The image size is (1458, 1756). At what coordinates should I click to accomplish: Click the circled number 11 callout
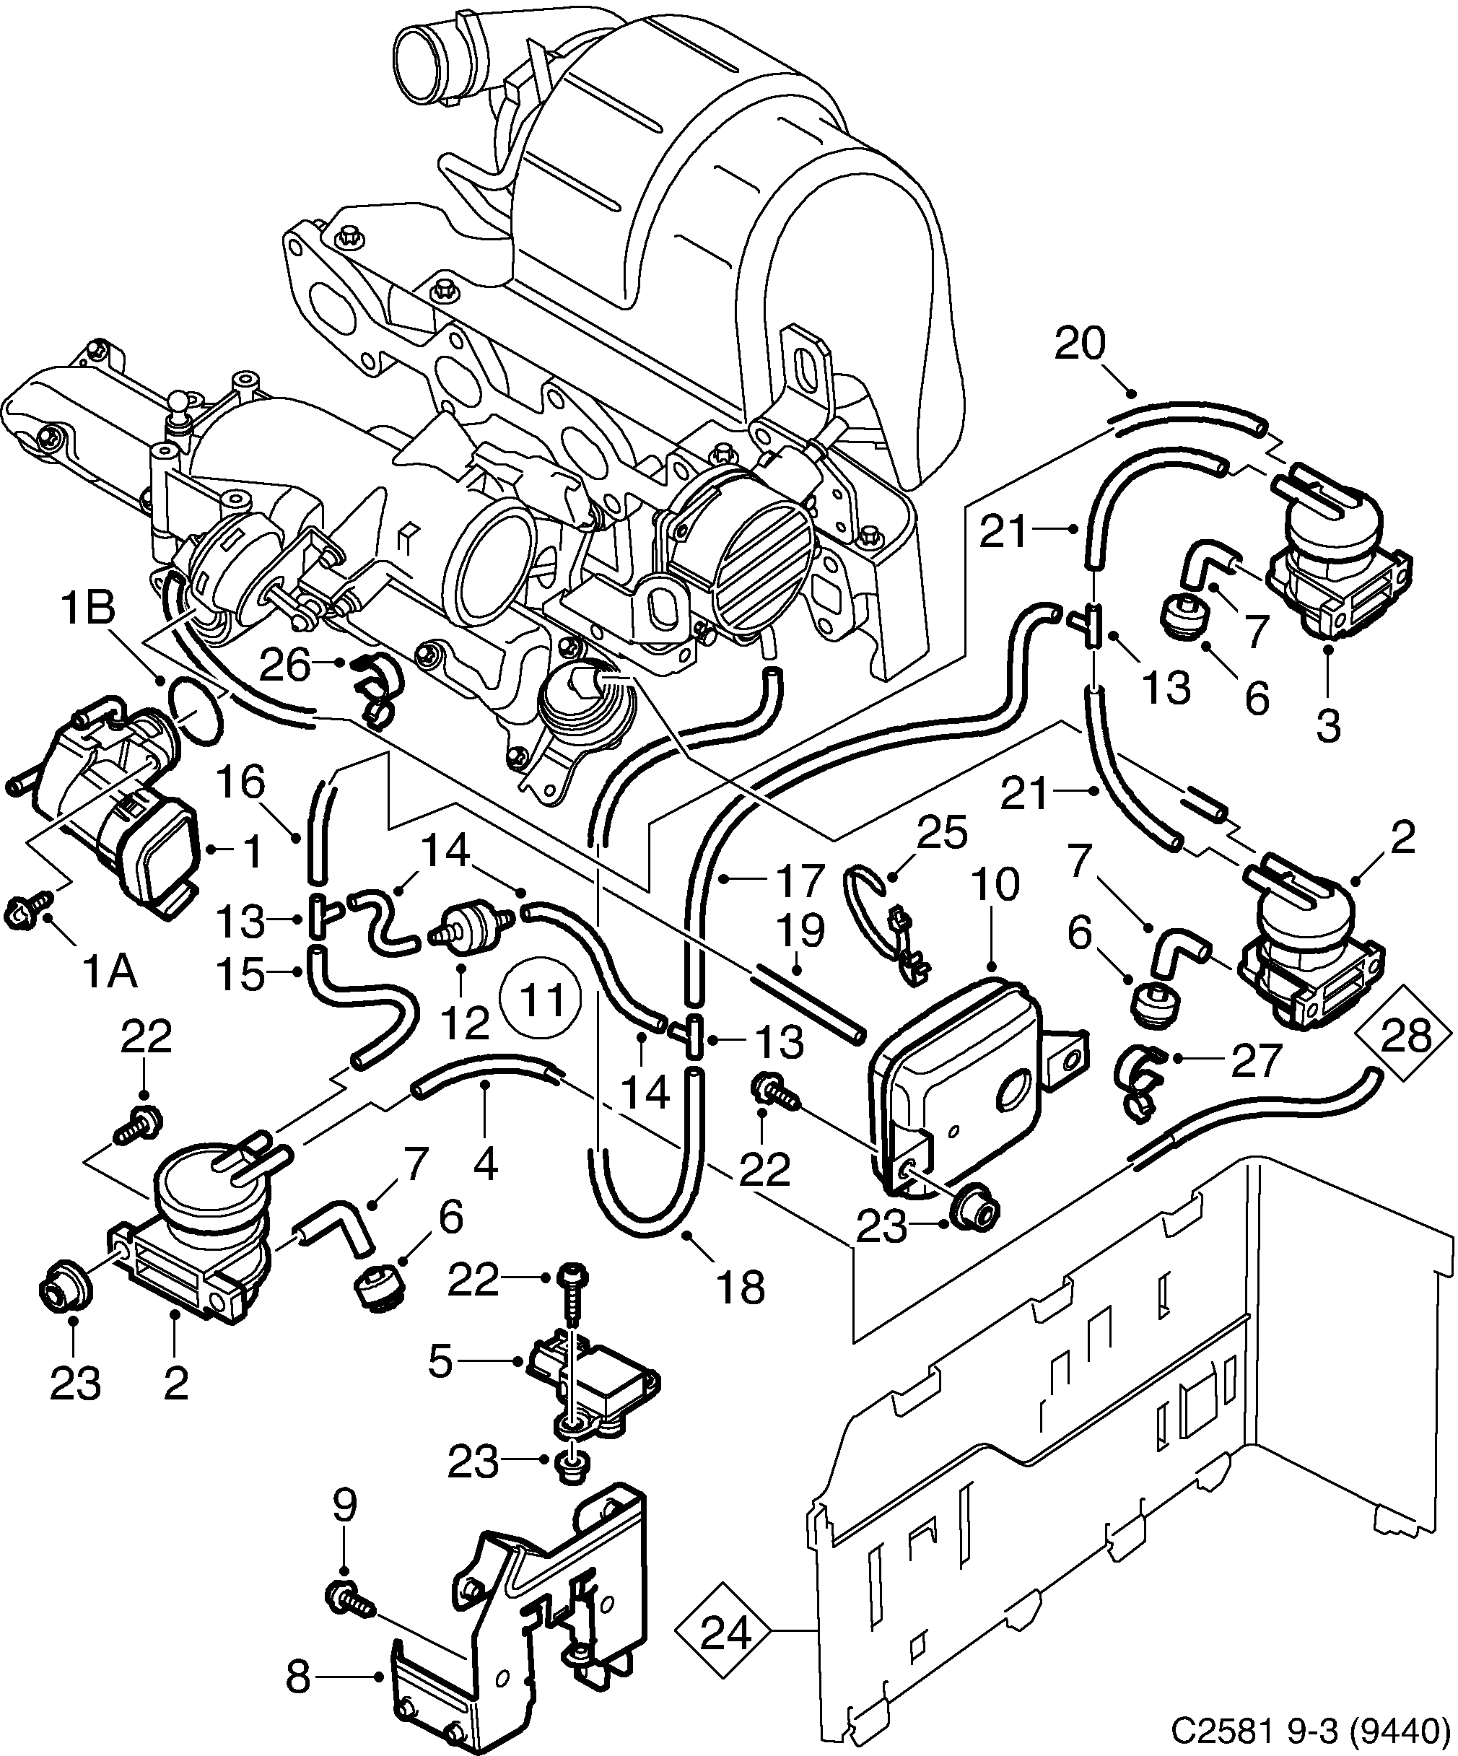pyautogui.click(x=539, y=1000)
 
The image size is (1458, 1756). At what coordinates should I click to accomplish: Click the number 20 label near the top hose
pyautogui.click(x=1079, y=344)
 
